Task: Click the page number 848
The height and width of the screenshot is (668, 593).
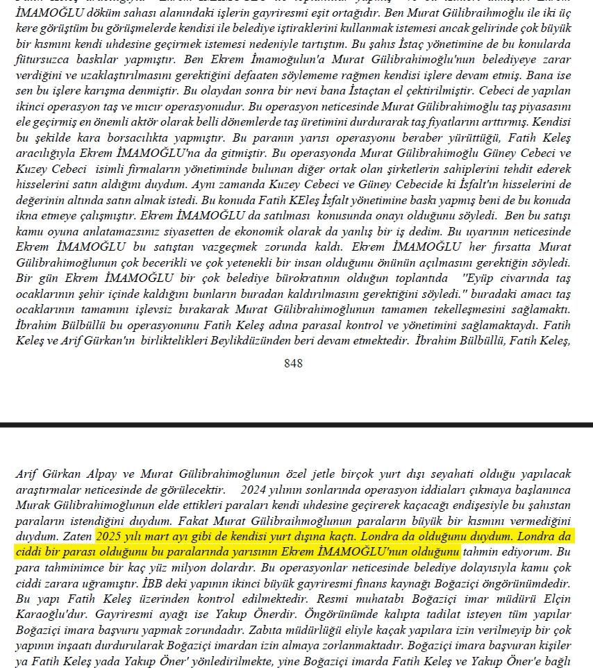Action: click(x=293, y=363)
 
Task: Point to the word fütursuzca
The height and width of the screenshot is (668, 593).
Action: click(x=44, y=60)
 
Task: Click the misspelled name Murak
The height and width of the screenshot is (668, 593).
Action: click(x=33, y=505)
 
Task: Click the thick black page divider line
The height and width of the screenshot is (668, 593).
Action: click(x=296, y=424)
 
